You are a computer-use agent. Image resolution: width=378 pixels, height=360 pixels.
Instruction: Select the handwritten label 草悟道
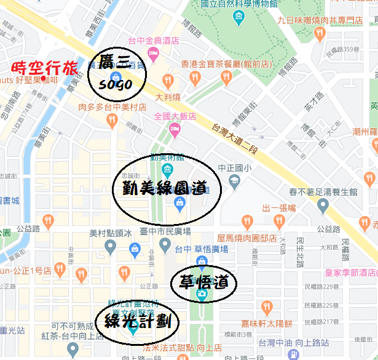[200, 282]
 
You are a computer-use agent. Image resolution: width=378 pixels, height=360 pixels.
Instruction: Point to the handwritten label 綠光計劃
[135, 321]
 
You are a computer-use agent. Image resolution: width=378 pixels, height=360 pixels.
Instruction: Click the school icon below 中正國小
[234, 180]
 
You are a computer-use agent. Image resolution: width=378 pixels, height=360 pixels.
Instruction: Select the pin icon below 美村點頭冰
[111, 247]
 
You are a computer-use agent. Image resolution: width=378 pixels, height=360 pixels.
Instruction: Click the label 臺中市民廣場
[165, 231]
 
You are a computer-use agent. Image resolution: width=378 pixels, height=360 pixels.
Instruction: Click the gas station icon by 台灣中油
[294, 355]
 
